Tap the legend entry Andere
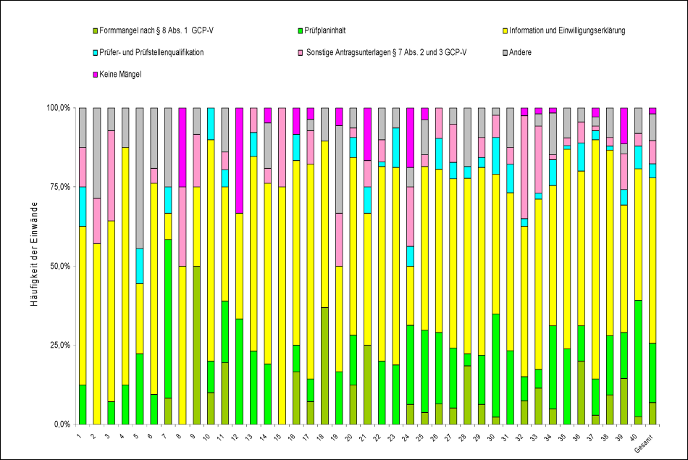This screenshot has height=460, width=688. coord(521,52)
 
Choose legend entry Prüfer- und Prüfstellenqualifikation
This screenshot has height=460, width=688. coord(152,52)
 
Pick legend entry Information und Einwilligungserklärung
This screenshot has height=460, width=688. coord(567,31)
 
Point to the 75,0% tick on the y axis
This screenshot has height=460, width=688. coord(57,187)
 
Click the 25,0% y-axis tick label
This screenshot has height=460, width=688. coord(57,345)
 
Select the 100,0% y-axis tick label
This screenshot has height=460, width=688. coord(56,108)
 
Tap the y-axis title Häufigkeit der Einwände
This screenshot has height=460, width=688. coord(34,266)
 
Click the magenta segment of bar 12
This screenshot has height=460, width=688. coord(238,160)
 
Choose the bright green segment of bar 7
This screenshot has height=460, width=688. coord(167,319)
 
